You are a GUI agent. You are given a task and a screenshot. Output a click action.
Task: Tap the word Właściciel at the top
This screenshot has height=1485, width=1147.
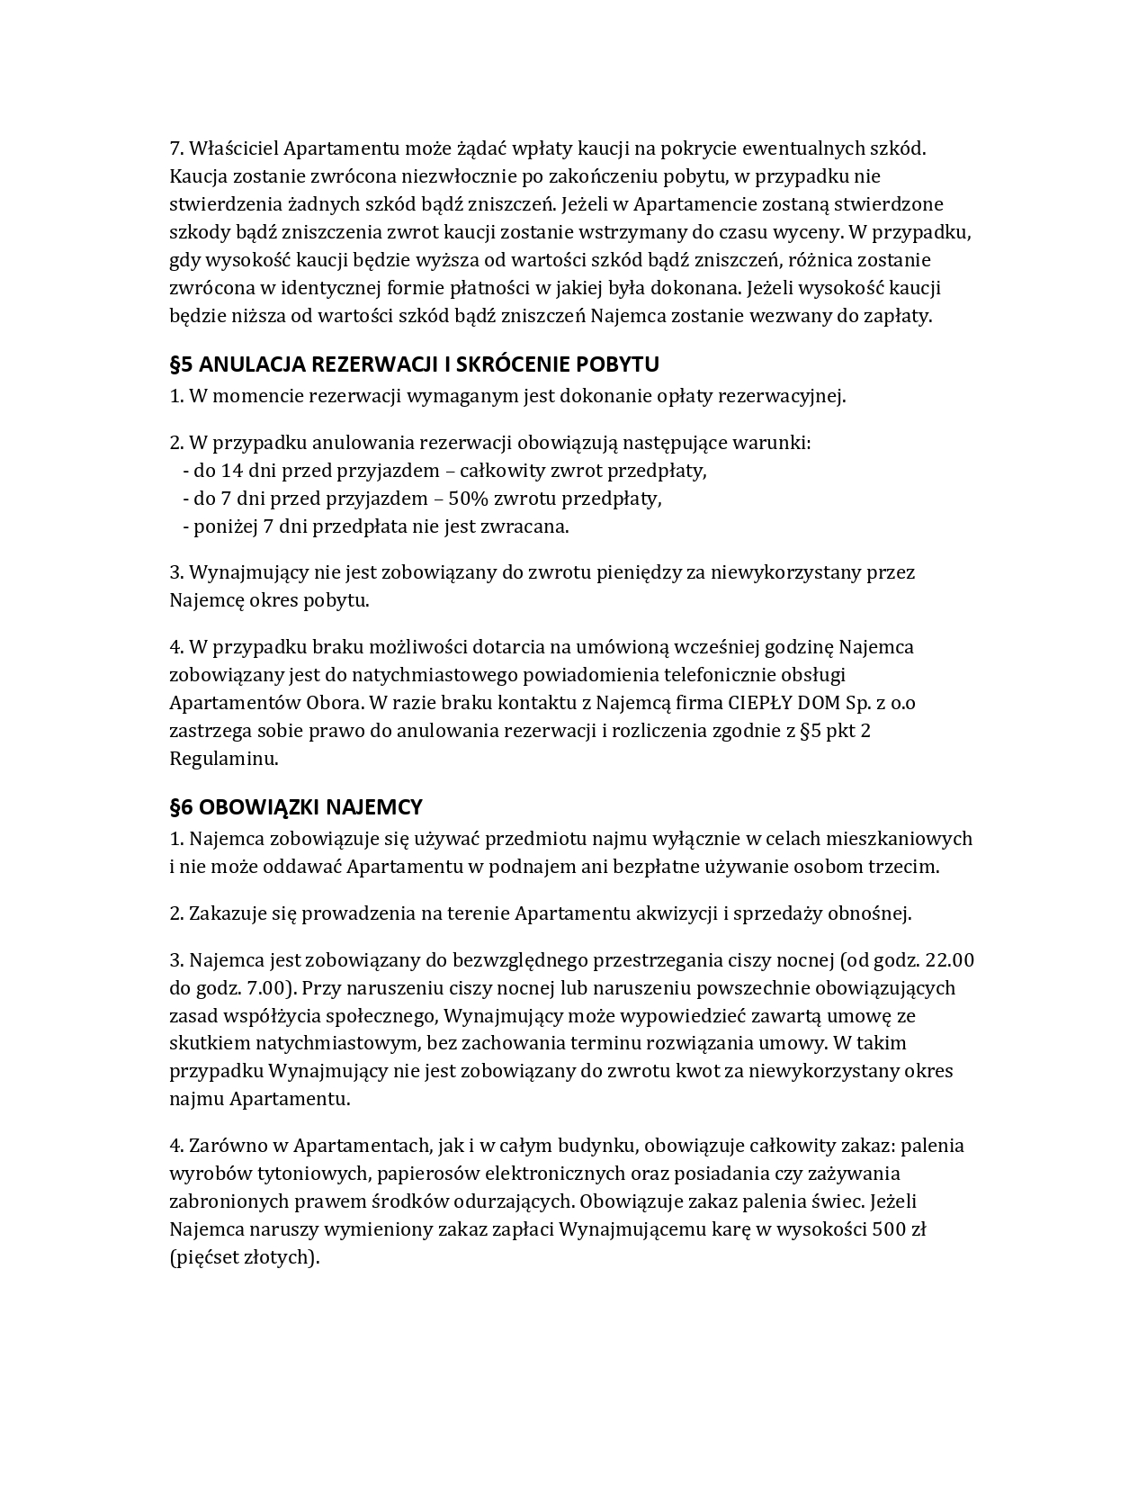click(230, 148)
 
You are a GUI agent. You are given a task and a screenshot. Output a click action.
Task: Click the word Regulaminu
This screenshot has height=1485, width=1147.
click(222, 759)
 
